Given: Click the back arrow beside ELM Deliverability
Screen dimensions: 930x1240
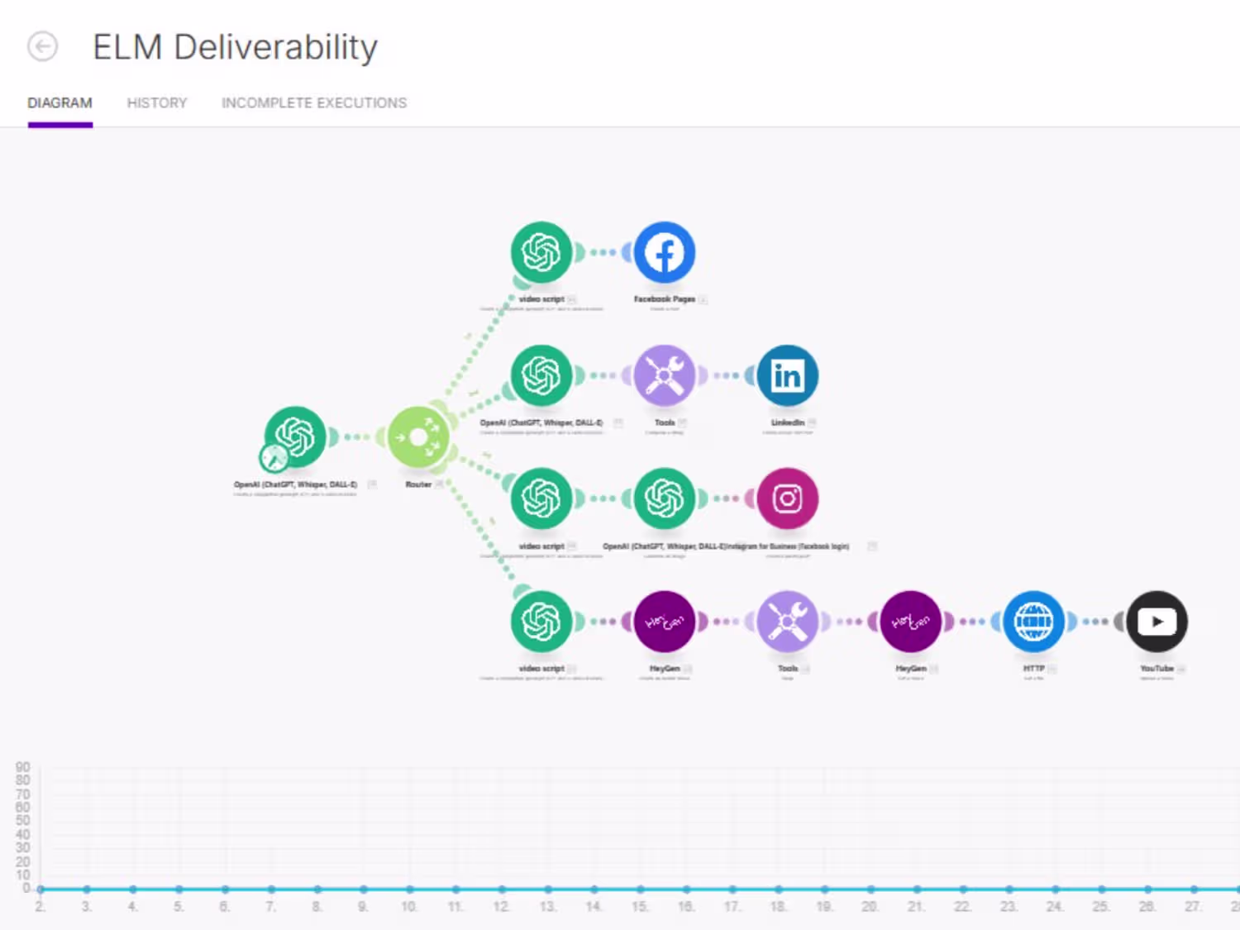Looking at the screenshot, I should click(43, 46).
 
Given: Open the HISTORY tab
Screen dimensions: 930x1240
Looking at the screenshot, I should click(157, 103).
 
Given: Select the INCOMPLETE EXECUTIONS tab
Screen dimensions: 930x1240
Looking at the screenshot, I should click(313, 103).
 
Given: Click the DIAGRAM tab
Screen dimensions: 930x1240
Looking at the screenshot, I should click(60, 103).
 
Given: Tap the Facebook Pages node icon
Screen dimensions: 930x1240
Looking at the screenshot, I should click(665, 252).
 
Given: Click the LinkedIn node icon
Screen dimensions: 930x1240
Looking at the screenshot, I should click(788, 375).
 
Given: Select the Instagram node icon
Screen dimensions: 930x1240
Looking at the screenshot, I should click(788, 498).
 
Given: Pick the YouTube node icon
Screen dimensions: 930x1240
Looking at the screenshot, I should click(1157, 621).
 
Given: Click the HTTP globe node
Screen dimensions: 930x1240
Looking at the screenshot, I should click(1033, 621).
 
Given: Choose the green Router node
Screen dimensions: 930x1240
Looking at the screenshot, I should click(418, 436).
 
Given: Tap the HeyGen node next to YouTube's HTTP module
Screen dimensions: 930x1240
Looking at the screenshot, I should click(910, 621).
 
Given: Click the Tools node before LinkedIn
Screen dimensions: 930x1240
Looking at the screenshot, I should click(665, 375).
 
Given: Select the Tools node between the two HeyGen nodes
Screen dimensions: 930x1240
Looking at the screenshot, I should click(788, 621).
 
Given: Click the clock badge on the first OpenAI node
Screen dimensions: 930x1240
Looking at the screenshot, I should click(274, 457).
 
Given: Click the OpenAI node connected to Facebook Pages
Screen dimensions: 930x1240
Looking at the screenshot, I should click(541, 252).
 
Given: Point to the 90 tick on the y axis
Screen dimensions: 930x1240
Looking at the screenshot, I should click(23, 767).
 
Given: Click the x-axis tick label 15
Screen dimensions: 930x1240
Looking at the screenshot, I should click(640, 907).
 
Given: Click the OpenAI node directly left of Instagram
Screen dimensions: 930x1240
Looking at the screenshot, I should click(665, 498).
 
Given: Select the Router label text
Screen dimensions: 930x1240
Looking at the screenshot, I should click(418, 484).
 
